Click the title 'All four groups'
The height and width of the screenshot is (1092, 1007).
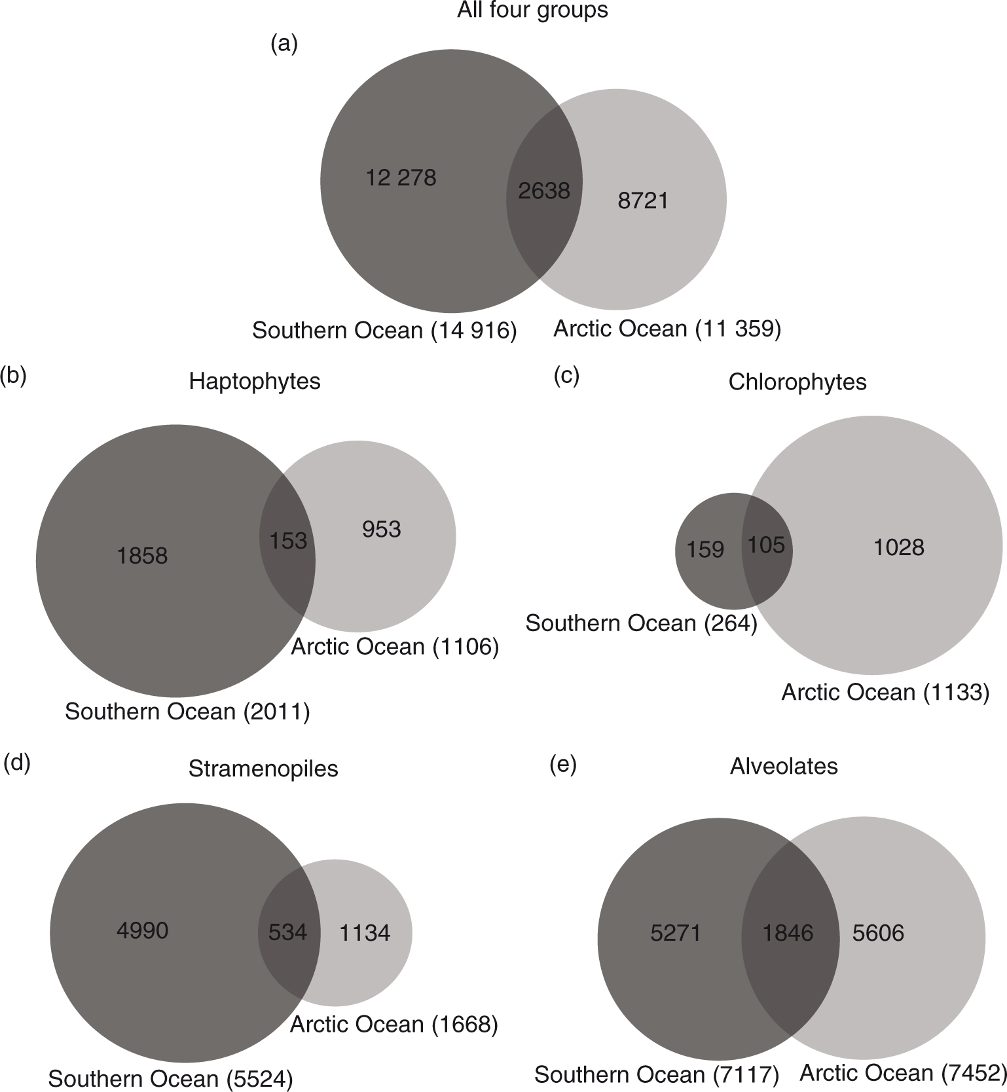pos(532,10)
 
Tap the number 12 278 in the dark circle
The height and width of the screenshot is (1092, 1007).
pos(401,177)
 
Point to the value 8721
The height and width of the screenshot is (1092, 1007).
pos(643,200)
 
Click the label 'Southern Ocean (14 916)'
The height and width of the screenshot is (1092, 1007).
pos(384,331)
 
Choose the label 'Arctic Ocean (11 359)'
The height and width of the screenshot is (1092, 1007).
pos(667,328)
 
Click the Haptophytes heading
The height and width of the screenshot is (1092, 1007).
pos(255,381)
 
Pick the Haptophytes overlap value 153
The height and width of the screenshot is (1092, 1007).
pos(288,540)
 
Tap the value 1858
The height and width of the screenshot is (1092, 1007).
pos(142,556)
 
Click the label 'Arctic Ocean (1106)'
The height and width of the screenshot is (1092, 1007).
pos(395,647)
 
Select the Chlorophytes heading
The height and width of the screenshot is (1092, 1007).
pos(797,382)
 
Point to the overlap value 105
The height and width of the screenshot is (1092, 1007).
pos(766,545)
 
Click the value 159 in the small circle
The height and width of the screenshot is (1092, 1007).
pos(705,549)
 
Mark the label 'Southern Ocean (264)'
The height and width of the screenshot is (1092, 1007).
pos(641,623)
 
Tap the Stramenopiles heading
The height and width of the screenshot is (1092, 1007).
pos(263,768)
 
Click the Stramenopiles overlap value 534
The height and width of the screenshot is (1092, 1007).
pos(287,932)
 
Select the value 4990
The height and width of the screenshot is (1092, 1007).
pos(142,930)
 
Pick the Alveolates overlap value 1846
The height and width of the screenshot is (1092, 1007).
pos(788,932)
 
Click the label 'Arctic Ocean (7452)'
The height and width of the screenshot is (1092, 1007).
pos(903,1072)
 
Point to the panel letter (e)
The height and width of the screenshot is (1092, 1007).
pos(562,765)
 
